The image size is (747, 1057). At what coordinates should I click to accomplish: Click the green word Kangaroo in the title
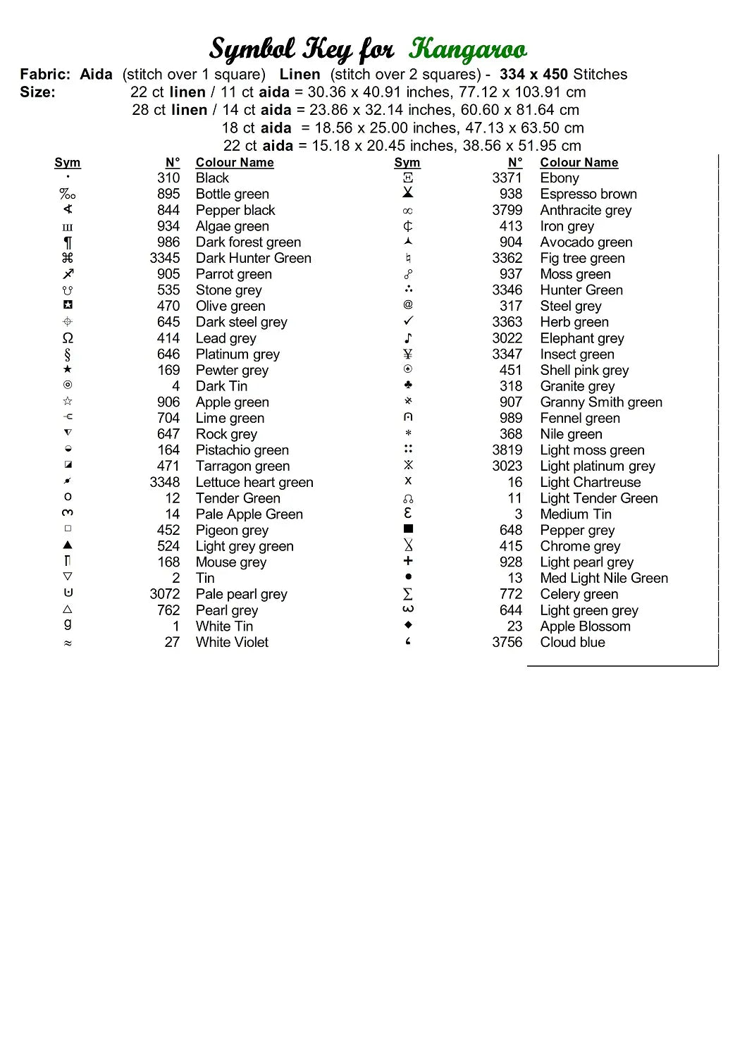467,49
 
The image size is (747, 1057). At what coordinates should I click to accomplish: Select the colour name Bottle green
232,194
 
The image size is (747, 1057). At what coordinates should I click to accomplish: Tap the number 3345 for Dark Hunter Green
164,258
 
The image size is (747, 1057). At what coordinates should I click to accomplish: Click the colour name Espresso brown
588,194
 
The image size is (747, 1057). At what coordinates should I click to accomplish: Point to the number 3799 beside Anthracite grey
507,210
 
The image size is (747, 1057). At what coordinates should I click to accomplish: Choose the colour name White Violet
232,642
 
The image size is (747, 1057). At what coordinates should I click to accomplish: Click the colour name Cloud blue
572,642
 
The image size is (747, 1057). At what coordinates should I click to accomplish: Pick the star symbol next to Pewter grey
68,369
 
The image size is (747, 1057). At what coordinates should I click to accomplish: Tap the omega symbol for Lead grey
68,338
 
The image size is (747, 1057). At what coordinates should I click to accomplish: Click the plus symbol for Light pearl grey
408,561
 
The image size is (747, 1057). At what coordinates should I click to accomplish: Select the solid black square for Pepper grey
408,529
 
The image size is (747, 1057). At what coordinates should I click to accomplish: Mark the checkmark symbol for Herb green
408,321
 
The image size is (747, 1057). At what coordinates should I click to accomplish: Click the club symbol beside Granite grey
408,385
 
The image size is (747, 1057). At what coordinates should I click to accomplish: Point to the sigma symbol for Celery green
408,594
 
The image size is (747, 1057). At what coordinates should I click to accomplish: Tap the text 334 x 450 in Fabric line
533,74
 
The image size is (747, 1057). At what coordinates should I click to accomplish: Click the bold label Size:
37,92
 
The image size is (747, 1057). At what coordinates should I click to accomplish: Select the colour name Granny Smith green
601,402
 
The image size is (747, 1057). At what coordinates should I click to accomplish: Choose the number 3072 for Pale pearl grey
164,594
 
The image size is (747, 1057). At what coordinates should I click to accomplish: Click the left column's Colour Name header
235,163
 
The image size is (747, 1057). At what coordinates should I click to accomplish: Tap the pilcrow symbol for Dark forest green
68,242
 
